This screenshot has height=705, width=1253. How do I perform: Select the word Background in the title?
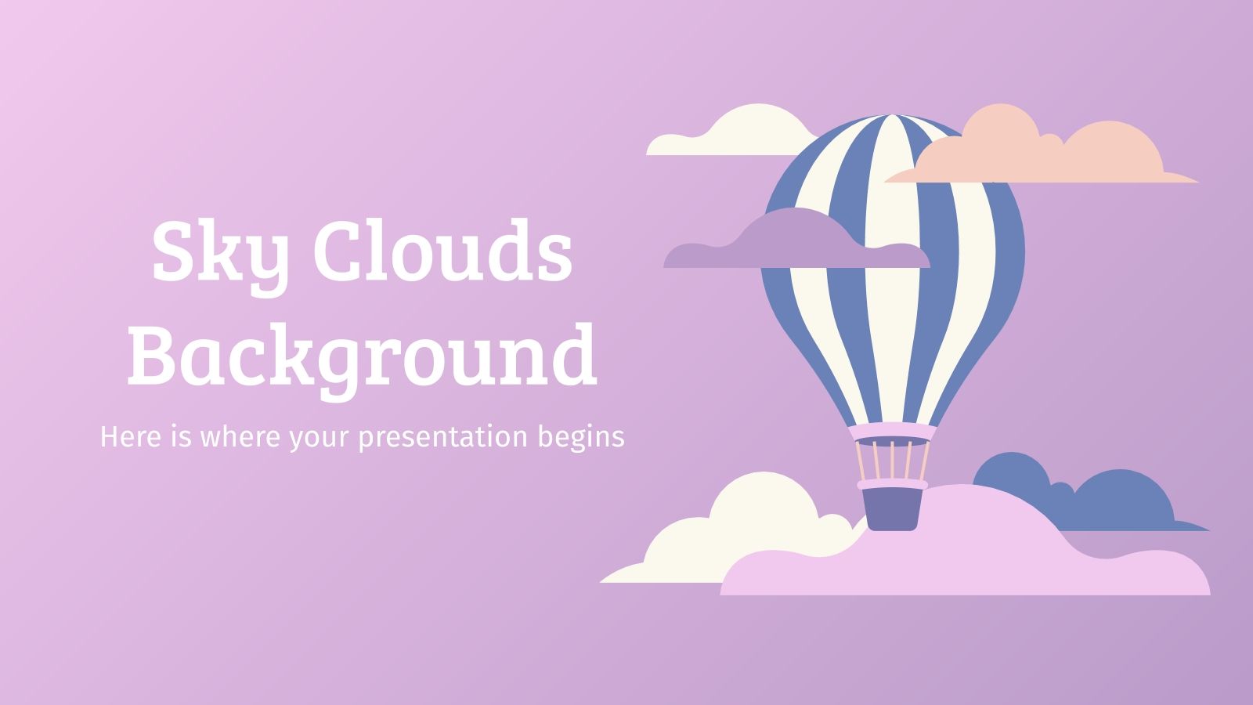(362, 356)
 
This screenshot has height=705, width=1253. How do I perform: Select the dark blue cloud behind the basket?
(1112, 501)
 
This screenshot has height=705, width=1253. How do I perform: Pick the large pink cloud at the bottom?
(963, 556)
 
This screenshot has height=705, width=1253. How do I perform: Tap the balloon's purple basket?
(892, 510)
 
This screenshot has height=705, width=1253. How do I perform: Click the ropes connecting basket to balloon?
(892, 460)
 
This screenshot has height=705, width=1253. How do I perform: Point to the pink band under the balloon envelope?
(892, 432)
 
